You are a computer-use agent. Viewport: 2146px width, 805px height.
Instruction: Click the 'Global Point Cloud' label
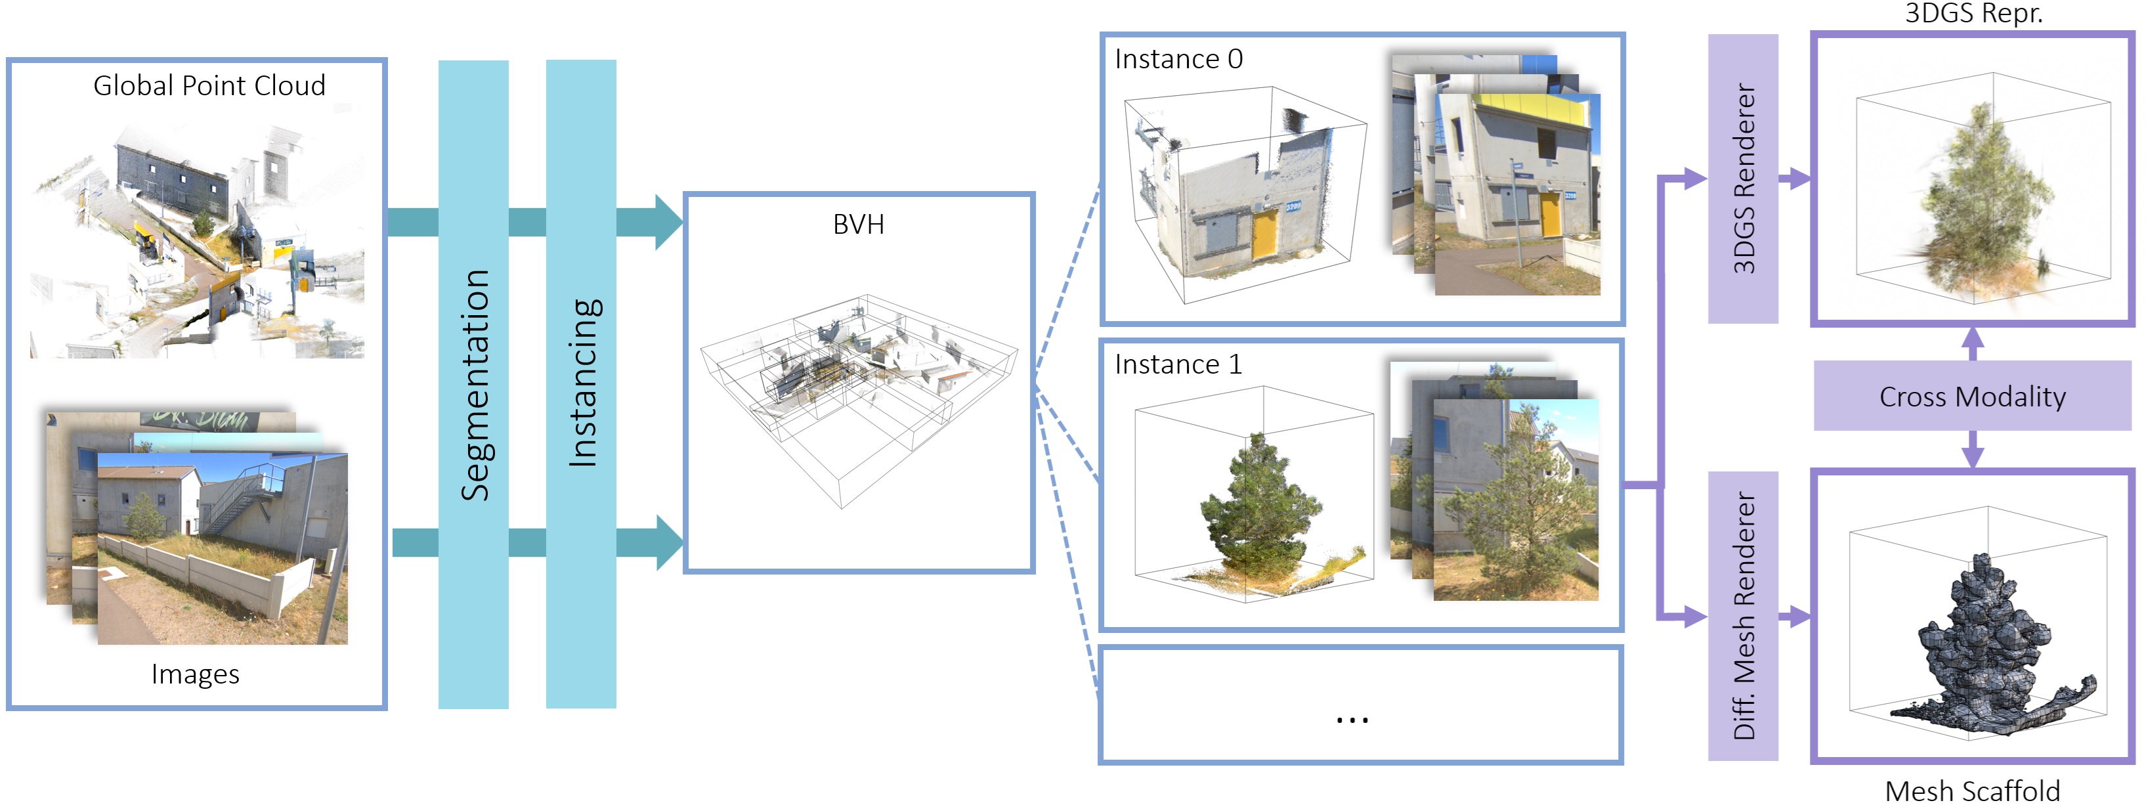point(209,86)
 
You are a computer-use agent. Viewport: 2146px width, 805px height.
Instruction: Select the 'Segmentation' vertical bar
point(473,383)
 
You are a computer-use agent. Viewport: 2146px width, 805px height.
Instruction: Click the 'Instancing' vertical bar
point(581,383)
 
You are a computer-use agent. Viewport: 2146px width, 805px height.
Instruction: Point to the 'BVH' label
point(858,224)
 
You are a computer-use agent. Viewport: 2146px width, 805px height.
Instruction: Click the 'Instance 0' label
point(1178,59)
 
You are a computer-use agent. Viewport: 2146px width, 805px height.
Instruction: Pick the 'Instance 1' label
point(1178,365)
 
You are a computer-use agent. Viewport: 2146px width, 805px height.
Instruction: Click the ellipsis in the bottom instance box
point(1351,719)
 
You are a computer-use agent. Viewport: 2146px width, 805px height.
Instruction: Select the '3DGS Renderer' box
point(1743,179)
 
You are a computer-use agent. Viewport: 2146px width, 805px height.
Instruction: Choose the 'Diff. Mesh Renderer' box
point(1743,616)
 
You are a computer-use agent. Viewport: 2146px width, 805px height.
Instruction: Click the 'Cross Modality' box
point(1972,397)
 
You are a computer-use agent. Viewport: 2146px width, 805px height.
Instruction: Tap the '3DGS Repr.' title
point(1973,13)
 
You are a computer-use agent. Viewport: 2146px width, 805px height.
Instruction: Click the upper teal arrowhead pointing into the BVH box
point(668,222)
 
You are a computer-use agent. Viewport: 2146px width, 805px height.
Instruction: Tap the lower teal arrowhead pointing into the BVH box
point(668,542)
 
